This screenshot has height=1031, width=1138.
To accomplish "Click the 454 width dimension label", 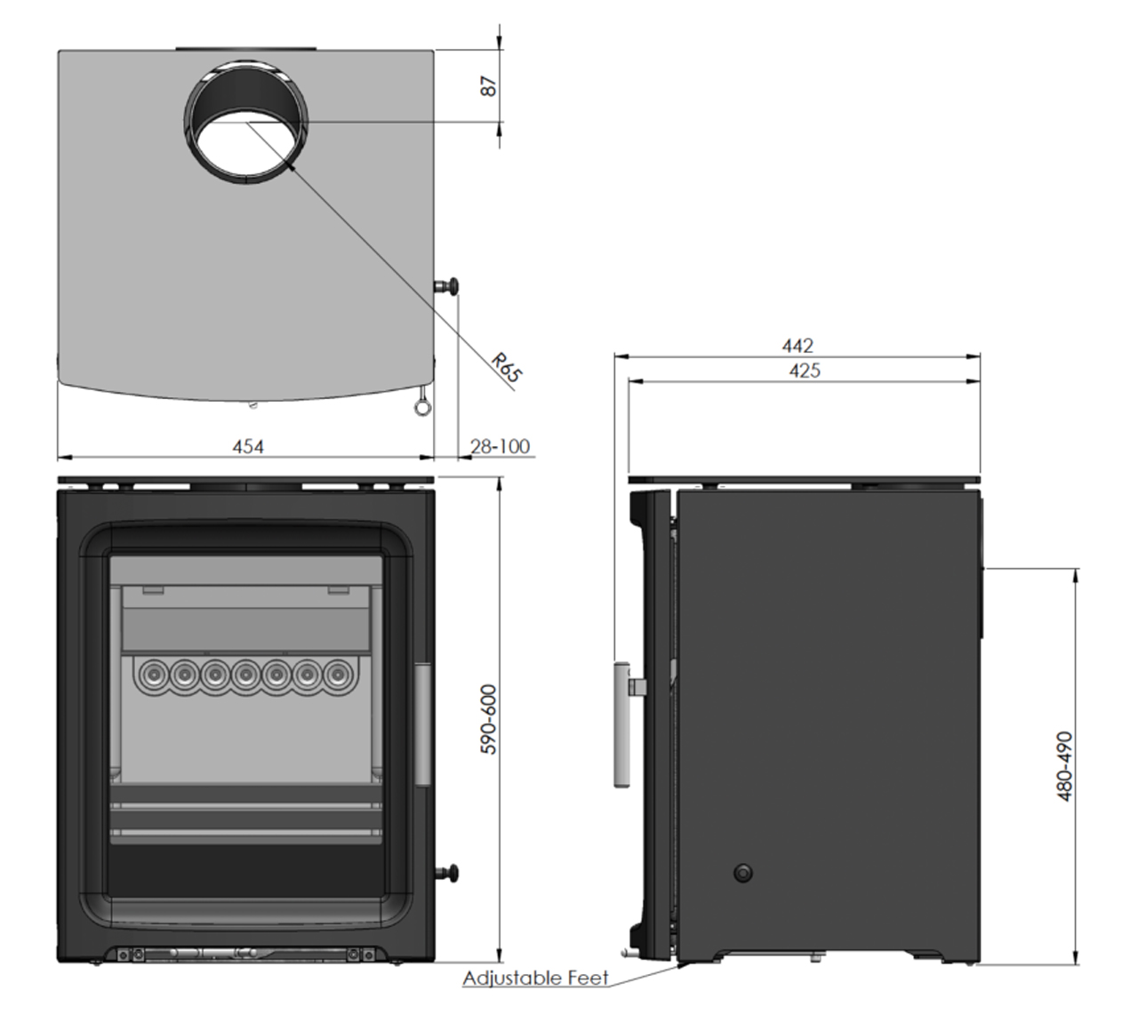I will pyautogui.click(x=248, y=446).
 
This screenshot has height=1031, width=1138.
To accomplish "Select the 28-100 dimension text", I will pyautogui.click(x=500, y=446).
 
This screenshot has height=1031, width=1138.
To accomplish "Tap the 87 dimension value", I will pyautogui.click(x=489, y=86).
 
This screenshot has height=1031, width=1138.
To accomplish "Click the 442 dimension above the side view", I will pyautogui.click(x=797, y=345).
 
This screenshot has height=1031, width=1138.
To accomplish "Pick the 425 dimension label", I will pyautogui.click(x=805, y=371).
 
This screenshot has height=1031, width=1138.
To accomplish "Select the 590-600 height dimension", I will pyautogui.click(x=489, y=719).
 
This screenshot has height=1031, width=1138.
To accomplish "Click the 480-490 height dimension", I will pyautogui.click(x=1065, y=765).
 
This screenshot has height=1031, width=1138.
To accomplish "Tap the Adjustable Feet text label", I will pyautogui.click(x=535, y=979).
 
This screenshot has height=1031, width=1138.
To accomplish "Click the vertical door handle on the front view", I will pyautogui.click(x=422, y=723).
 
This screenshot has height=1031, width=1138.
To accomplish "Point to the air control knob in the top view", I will pyautogui.click(x=449, y=285).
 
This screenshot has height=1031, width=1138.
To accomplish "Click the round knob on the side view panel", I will pyautogui.click(x=743, y=873).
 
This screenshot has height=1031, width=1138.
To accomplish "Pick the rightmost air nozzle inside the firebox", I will pyautogui.click(x=337, y=675).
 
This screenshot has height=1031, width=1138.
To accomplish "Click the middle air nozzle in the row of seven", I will pyautogui.click(x=245, y=675).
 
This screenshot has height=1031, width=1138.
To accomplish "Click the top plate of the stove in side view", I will pyautogui.click(x=805, y=481).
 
